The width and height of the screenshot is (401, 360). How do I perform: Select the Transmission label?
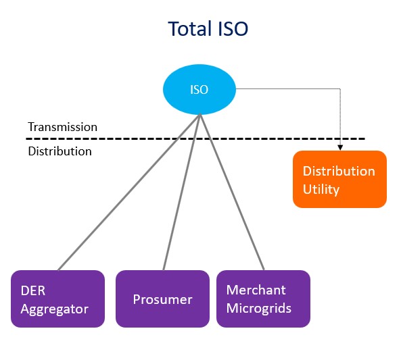(x=62, y=127)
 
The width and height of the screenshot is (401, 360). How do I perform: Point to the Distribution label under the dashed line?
(x=60, y=151)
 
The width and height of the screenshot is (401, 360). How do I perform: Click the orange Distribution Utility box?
(x=339, y=179)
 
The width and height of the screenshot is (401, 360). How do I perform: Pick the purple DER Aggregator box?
(x=57, y=299)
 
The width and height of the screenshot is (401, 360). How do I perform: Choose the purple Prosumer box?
(x=162, y=299)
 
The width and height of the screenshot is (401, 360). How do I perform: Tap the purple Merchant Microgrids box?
(x=263, y=299)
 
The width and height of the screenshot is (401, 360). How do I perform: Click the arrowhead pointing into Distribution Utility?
(x=339, y=147)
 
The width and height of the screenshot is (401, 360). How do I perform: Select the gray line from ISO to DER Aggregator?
(x=128, y=192)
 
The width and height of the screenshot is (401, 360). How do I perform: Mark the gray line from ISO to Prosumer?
(x=181, y=192)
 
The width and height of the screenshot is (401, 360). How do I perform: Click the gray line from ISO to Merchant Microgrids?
(x=231, y=192)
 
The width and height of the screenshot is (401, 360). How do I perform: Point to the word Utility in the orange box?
(x=321, y=189)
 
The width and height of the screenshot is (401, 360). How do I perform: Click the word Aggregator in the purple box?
(x=54, y=309)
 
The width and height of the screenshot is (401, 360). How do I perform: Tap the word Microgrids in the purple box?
(x=258, y=309)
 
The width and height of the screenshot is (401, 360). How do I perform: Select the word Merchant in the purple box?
(x=256, y=290)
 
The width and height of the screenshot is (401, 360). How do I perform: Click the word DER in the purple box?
(x=32, y=290)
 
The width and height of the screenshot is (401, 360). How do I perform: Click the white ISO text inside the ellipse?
(x=199, y=90)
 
